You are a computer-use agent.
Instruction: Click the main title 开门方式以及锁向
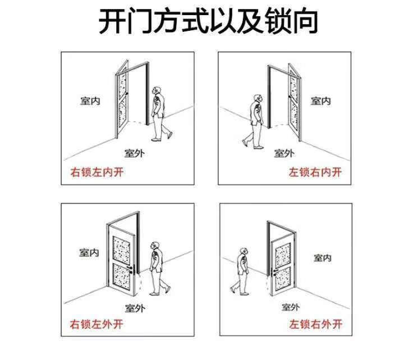click(x=208, y=21)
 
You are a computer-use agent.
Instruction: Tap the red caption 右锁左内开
click(x=97, y=172)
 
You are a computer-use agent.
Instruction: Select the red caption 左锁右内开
click(x=315, y=172)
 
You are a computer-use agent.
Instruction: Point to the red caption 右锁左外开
click(x=97, y=324)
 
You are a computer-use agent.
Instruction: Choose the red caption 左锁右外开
click(x=315, y=324)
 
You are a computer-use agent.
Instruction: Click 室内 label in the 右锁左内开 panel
click(x=90, y=101)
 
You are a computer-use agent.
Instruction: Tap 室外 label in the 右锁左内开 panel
click(x=135, y=153)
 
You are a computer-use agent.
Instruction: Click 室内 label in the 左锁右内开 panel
click(x=320, y=101)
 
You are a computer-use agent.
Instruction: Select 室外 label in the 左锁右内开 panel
click(x=284, y=153)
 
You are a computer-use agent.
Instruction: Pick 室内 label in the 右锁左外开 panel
click(x=89, y=252)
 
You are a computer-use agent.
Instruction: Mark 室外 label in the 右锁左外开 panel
click(x=135, y=308)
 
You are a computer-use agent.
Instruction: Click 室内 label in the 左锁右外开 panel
click(x=322, y=258)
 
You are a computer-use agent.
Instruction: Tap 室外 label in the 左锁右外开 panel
click(x=291, y=307)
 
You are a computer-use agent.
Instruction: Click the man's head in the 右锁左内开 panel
click(x=157, y=91)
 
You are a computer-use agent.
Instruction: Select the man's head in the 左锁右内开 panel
click(x=258, y=99)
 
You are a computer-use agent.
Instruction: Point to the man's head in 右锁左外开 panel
click(x=155, y=246)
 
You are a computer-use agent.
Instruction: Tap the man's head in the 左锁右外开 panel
click(x=244, y=252)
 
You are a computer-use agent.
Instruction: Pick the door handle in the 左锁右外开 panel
click(x=274, y=273)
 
